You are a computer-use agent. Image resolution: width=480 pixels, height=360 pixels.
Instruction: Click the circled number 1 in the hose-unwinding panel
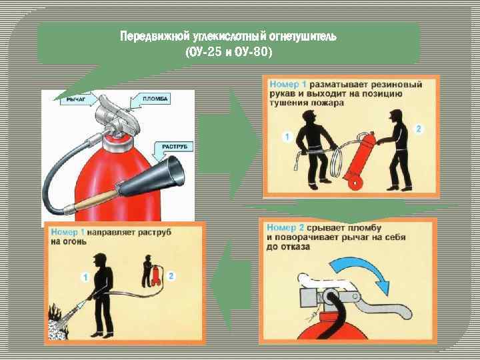coord(287,137)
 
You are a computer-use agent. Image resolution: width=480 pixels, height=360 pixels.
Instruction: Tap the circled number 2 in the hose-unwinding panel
coord(418,129)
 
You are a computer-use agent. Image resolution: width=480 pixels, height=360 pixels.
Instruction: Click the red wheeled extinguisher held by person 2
coord(360,161)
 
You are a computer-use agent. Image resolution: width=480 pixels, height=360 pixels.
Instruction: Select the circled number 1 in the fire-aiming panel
coord(85,277)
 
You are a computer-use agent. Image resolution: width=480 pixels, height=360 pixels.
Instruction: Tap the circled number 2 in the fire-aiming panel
coord(171,276)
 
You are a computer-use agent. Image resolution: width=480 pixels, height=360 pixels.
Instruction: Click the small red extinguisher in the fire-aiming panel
coord(155,275)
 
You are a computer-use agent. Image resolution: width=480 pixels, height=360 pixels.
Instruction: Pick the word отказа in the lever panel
coord(295,247)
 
